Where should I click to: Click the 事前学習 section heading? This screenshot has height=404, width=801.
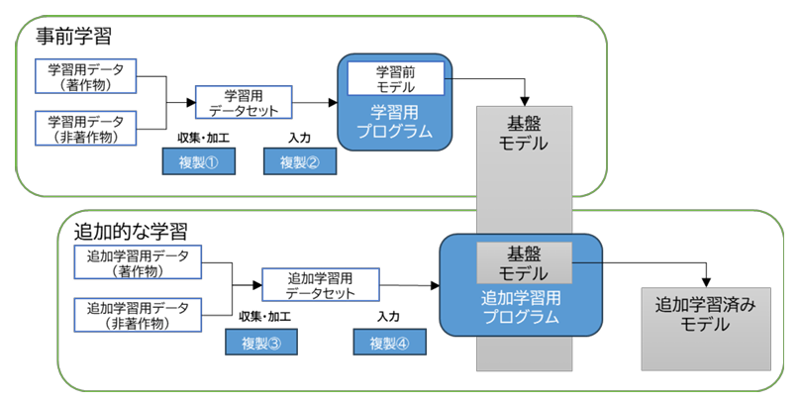pyautogui.click(x=73, y=37)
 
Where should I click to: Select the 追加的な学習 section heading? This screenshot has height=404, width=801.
pyautogui.click(x=131, y=232)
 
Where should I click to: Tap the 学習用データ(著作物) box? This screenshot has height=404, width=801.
pyautogui.click(x=86, y=76)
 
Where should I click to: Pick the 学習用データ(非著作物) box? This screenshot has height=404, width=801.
pyautogui.click(x=86, y=128)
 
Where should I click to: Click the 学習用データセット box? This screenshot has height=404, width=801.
pyautogui.click(x=244, y=102)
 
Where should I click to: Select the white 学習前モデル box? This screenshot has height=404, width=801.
pyautogui.click(x=396, y=78)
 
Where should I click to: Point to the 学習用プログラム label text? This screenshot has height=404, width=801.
pyautogui.click(x=394, y=122)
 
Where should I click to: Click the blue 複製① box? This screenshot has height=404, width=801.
pyautogui.click(x=199, y=161)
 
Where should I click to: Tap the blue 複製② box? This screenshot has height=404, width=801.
pyautogui.click(x=300, y=161)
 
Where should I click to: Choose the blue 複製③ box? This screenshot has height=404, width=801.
pyautogui.click(x=261, y=342)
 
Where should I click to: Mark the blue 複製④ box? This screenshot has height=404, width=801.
pyautogui.click(x=389, y=342)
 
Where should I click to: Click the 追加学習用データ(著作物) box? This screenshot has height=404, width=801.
pyautogui.click(x=138, y=262)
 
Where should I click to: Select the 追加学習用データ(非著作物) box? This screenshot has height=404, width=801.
pyautogui.click(x=138, y=315)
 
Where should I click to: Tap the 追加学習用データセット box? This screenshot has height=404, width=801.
pyautogui.click(x=321, y=284)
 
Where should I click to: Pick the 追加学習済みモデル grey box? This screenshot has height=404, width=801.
pyautogui.click(x=706, y=329)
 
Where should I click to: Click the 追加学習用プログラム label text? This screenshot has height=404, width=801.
pyautogui.click(x=521, y=307)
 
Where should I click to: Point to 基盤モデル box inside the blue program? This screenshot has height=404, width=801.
pyautogui.click(x=524, y=262)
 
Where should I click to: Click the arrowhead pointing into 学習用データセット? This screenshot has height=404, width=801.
pyautogui.click(x=190, y=103)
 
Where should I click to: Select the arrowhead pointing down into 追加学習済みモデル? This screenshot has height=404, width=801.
pyautogui.click(x=706, y=282)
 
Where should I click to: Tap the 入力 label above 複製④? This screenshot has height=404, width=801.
pyautogui.click(x=388, y=317)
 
